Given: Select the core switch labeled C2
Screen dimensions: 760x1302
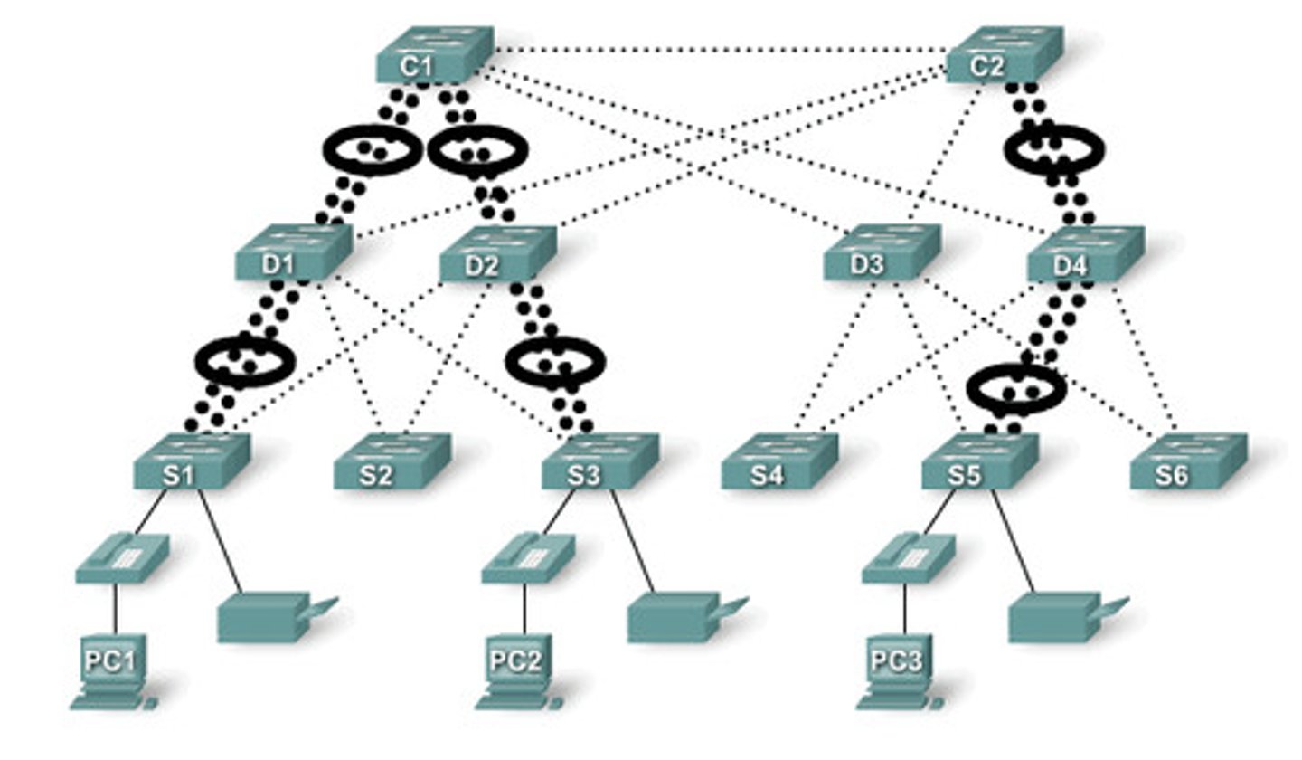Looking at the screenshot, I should click(x=1005, y=55).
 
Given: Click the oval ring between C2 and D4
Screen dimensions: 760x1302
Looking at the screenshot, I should click(x=1053, y=150).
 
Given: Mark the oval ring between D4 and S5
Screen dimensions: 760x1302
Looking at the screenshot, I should click(x=1015, y=389).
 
